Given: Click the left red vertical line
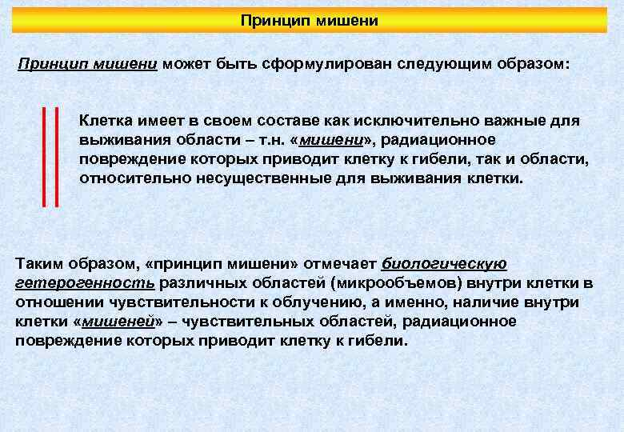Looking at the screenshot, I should tap(45, 155).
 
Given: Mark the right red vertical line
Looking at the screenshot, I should tap(57, 155).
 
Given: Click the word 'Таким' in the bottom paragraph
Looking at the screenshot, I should tap(37, 264).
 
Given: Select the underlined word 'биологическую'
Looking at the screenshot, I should tap(444, 264).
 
